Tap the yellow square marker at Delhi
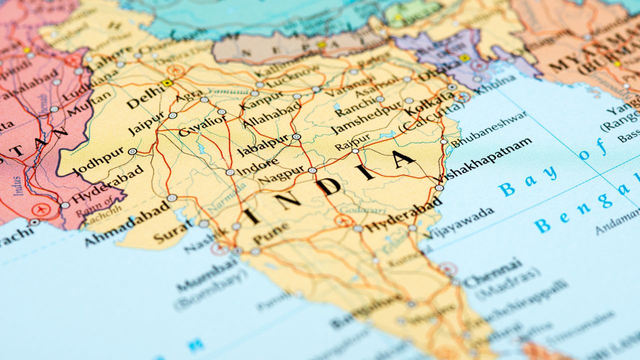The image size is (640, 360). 167,83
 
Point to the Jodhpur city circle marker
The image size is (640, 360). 132,151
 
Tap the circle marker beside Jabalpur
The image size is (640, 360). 296,136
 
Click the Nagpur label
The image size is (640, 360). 280,175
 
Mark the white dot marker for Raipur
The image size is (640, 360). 355,150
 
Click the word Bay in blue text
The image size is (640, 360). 527,180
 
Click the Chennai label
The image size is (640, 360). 492,272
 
